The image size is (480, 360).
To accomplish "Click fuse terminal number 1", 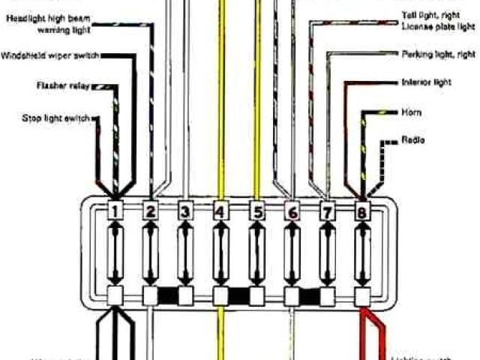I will point(114,213).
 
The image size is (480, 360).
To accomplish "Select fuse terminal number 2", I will point(150,213).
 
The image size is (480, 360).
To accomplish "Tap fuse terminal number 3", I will point(185,213).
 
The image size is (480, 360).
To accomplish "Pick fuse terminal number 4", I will point(220,213).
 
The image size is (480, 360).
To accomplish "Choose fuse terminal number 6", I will point(292,213).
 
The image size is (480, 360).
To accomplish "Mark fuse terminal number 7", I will point(327,213).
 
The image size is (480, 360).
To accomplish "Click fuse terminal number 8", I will point(363,213).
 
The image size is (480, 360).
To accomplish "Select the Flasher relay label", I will point(63,86).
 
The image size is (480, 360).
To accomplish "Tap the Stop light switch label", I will point(57,118).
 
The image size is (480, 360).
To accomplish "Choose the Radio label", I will point(412,140).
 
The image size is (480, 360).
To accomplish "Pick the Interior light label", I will point(426,82).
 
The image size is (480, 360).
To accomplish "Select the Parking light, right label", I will point(438,54).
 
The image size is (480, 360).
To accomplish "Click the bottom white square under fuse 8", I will point(363,295).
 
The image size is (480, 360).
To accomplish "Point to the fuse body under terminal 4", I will point(220,255).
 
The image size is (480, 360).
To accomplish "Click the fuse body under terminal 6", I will point(292,255).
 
